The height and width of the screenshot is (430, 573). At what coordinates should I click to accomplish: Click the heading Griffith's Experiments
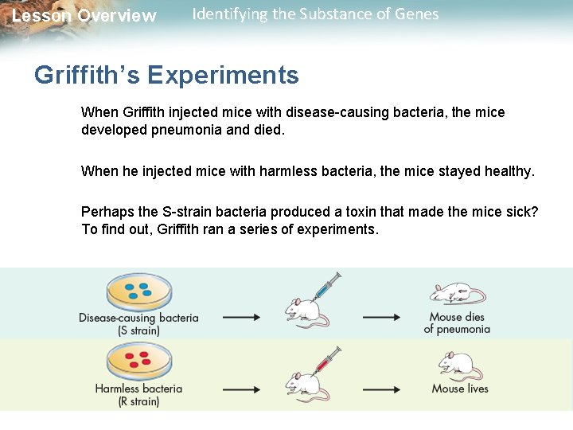tap(166, 76)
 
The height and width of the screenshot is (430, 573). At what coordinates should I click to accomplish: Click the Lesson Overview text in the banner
tap(84, 16)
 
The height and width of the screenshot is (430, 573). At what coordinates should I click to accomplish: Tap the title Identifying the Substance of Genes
tap(315, 14)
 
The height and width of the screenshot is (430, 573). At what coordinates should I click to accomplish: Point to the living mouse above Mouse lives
tap(459, 366)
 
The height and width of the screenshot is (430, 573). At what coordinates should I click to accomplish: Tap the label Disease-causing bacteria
tap(138, 318)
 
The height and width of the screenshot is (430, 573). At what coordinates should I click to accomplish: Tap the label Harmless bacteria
tap(138, 389)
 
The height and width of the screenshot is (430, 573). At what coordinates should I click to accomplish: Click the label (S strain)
tap(138, 330)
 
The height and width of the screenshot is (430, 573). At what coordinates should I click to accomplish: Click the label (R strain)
tap(138, 401)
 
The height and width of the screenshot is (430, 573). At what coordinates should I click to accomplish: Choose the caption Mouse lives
tap(460, 389)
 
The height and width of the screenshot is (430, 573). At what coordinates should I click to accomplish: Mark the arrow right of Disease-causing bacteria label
tap(241, 317)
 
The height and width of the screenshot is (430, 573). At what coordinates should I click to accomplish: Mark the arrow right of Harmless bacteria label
tap(241, 389)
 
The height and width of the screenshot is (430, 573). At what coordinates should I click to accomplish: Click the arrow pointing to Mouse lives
tap(381, 389)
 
